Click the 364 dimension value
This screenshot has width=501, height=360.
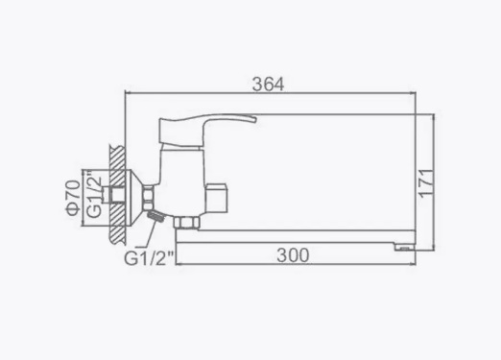[268, 84]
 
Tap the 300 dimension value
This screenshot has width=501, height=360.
[293, 255]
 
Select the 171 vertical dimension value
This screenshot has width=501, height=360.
[427, 183]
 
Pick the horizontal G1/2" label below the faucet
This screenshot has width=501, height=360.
[149, 258]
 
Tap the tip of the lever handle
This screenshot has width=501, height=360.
[256, 119]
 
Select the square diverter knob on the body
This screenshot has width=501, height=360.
[216, 198]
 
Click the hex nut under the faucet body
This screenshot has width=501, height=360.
[186, 223]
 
